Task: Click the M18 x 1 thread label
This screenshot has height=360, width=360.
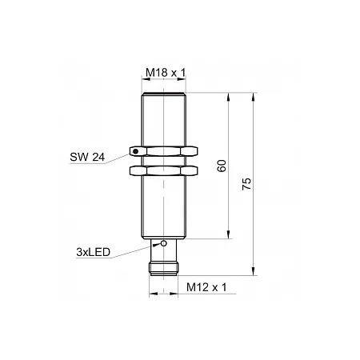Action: [166, 72]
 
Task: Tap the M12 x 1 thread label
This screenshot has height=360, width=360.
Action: [206, 287]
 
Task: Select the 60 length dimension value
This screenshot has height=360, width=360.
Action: [222, 166]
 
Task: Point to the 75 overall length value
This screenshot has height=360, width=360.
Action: [246, 184]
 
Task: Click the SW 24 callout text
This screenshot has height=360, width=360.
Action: [87, 157]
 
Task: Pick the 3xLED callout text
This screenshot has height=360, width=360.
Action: [93, 252]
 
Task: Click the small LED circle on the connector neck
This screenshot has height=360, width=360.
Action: [164, 243]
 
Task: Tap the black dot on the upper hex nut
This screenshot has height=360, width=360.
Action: [135, 151]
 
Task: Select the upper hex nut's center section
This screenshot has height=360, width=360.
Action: [163, 151]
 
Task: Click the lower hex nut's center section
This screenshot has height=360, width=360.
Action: [163, 170]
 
